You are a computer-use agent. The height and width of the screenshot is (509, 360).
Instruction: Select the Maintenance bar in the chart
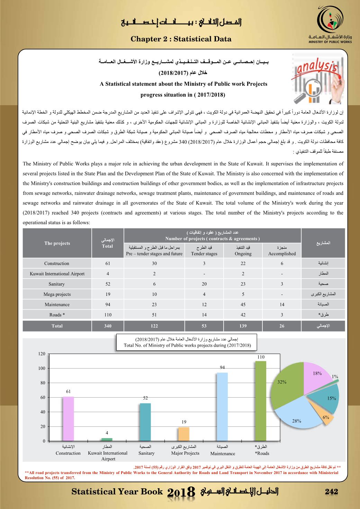(222, 407)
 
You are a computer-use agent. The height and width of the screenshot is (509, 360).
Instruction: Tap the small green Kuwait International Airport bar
(107, 439)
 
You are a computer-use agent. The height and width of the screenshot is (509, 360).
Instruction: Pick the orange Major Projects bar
(183, 434)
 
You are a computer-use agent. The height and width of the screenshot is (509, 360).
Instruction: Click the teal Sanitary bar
(145, 422)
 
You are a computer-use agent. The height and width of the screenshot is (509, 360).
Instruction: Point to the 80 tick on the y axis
(42, 383)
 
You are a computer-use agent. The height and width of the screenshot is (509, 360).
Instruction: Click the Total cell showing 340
(108, 326)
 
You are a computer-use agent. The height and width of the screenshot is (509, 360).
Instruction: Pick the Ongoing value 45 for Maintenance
(243, 305)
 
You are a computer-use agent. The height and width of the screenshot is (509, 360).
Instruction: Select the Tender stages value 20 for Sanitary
(204, 284)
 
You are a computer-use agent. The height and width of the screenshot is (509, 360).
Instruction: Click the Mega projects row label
(57, 294)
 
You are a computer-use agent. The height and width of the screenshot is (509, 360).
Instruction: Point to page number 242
(332, 492)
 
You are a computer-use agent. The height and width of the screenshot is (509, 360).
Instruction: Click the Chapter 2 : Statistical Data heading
(181, 39)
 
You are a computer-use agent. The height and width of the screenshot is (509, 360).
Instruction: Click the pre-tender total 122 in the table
(154, 326)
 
